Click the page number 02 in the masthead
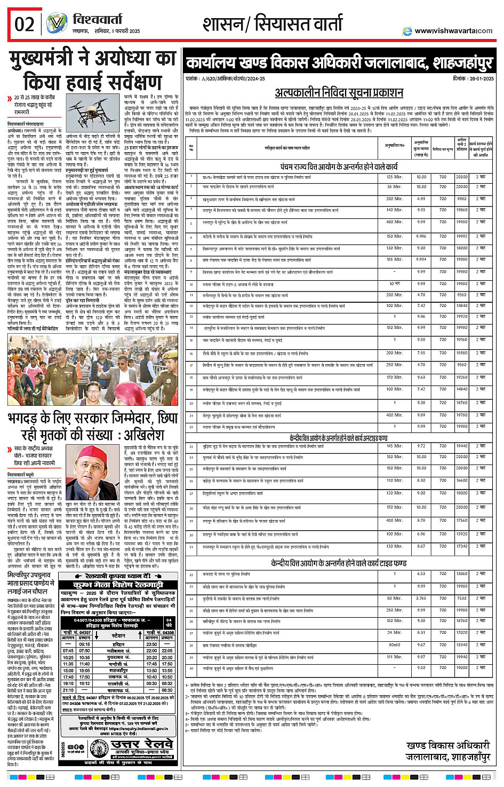pyautogui.click(x=25, y=25)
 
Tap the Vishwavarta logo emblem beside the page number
pyautogui.click(x=56, y=24)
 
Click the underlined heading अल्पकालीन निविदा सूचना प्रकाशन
pyautogui.click(x=339, y=92)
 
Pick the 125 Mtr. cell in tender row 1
pyautogui.click(x=395, y=177)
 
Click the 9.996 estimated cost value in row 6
pyautogui.click(x=421, y=236)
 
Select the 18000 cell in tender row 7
pyautogui.click(x=462, y=248)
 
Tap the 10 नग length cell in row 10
pyautogui.click(x=395, y=284)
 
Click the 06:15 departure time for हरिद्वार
pyautogui.click(x=84, y=644)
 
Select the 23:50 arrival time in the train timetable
pyautogui.click(x=151, y=644)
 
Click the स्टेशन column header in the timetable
pyautogui.click(x=118, y=635)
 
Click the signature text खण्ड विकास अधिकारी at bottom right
pyautogui.click(x=447, y=745)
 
